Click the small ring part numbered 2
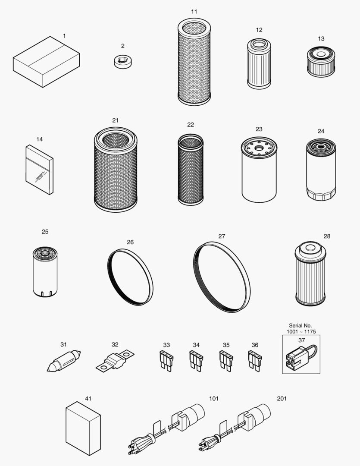click(x=123, y=62)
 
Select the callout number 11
click(x=194, y=12)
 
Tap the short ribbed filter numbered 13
click(x=321, y=62)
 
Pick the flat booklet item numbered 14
click(x=40, y=170)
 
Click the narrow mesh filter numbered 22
click(x=191, y=170)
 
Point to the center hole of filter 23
click(x=258, y=147)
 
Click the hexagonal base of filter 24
click(x=321, y=194)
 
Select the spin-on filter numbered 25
click(x=45, y=272)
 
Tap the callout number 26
click(x=130, y=242)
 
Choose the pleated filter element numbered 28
click(x=310, y=274)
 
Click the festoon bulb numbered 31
click(x=63, y=361)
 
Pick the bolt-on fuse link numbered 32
click(x=115, y=361)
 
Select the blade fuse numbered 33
click(x=166, y=361)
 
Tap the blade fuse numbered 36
click(x=254, y=361)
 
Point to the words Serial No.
click(x=301, y=326)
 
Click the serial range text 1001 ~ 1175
click(x=301, y=332)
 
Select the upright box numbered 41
click(x=83, y=428)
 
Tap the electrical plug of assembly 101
click(x=140, y=444)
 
